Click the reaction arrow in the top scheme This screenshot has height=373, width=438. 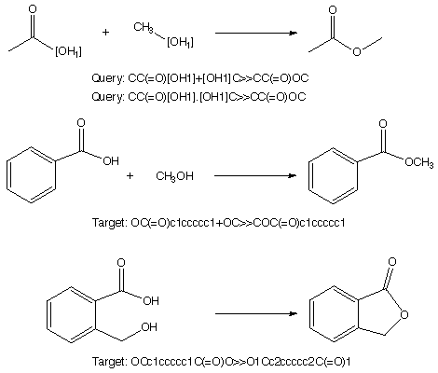click(x=256, y=33)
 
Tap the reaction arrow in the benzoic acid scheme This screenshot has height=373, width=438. click(x=255, y=175)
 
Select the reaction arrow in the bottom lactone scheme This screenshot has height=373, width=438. click(x=256, y=313)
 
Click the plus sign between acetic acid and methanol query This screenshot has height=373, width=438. click(x=105, y=32)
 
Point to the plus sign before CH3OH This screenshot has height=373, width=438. click(x=130, y=176)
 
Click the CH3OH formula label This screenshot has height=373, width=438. click(x=174, y=176)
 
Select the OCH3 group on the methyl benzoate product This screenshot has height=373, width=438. click(x=419, y=162)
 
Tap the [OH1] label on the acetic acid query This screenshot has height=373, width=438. click(x=68, y=51)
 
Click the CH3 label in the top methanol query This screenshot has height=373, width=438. click(x=144, y=27)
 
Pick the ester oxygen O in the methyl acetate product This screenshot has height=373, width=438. click(x=357, y=51)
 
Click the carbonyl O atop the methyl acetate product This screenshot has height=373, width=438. click(x=333, y=10)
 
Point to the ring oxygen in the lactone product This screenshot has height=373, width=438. click(x=404, y=315)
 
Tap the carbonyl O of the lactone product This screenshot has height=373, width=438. click(x=392, y=262)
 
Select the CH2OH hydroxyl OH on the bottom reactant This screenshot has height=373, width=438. click(x=149, y=327)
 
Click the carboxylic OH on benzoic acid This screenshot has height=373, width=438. click(x=111, y=160)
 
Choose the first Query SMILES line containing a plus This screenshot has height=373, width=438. click(x=200, y=78)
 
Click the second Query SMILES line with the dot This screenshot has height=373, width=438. click(x=198, y=97)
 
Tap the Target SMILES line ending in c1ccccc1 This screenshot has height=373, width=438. click(x=219, y=223)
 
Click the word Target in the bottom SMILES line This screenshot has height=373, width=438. click(x=110, y=362)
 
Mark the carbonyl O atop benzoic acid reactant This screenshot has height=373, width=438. click(x=81, y=123)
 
